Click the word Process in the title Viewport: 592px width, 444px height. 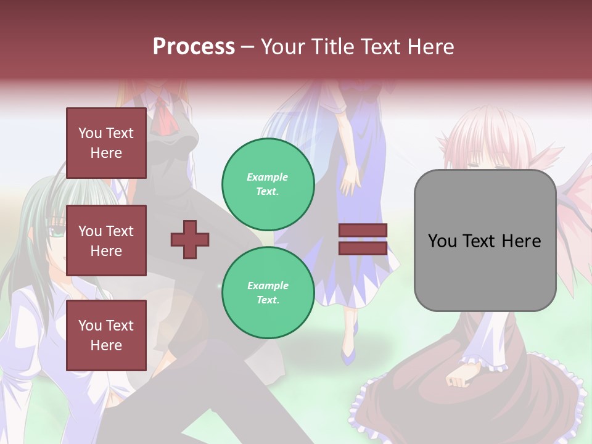(x=194, y=47)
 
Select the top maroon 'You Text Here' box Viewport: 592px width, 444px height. (x=106, y=143)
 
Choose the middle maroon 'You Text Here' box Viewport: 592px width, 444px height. (x=106, y=240)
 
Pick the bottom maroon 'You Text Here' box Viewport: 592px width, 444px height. (x=106, y=335)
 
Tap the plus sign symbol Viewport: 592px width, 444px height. (x=190, y=239)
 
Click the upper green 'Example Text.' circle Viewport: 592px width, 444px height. (x=268, y=184)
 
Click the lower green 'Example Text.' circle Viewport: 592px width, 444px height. (x=268, y=292)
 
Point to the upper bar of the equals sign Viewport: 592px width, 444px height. (x=363, y=231)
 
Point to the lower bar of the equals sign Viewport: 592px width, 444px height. (x=363, y=248)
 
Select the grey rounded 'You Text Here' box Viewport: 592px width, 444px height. (x=485, y=240)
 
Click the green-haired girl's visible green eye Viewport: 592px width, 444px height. (x=57, y=233)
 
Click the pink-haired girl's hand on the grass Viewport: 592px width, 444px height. (x=460, y=376)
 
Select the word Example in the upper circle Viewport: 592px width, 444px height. (x=268, y=177)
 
